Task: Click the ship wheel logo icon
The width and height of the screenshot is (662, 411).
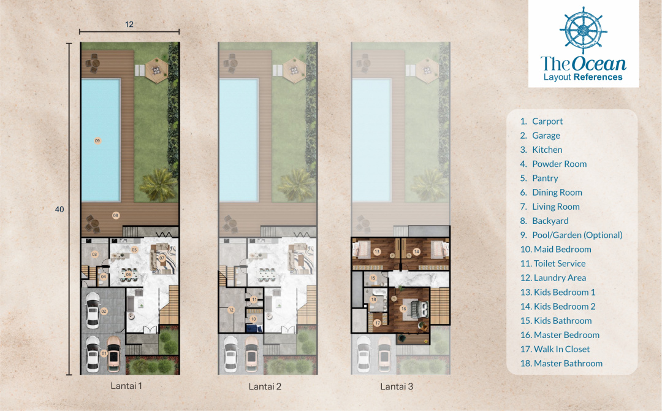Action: point(583,31)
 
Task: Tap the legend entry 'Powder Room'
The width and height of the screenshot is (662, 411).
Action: point(553,164)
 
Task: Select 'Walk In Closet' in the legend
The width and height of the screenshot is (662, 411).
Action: point(555,349)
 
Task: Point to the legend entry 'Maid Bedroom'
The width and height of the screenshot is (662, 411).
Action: point(555,249)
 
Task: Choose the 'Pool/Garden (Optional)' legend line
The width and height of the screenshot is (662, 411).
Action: point(571,236)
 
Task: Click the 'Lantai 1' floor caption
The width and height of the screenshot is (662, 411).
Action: point(126,386)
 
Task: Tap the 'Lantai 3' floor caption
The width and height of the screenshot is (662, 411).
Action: point(397,386)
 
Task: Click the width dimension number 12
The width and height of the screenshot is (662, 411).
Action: point(129,25)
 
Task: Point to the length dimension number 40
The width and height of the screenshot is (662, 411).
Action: point(59,209)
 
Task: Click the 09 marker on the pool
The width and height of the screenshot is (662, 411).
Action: point(97,140)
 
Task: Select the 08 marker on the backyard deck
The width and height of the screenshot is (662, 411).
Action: point(116,215)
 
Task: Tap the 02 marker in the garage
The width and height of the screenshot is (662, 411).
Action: point(104,311)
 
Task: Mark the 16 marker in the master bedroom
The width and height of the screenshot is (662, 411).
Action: point(403,309)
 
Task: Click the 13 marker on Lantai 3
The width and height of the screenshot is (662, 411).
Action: point(377,252)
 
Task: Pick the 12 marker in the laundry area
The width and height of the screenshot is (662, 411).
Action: point(231,310)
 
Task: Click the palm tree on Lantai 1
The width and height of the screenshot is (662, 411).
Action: point(158,185)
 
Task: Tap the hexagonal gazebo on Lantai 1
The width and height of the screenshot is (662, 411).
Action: point(156,69)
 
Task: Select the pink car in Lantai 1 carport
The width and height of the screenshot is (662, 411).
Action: point(113,354)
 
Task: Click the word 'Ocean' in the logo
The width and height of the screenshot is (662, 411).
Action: point(599,63)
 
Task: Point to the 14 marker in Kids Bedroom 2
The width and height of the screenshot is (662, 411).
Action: point(416,252)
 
